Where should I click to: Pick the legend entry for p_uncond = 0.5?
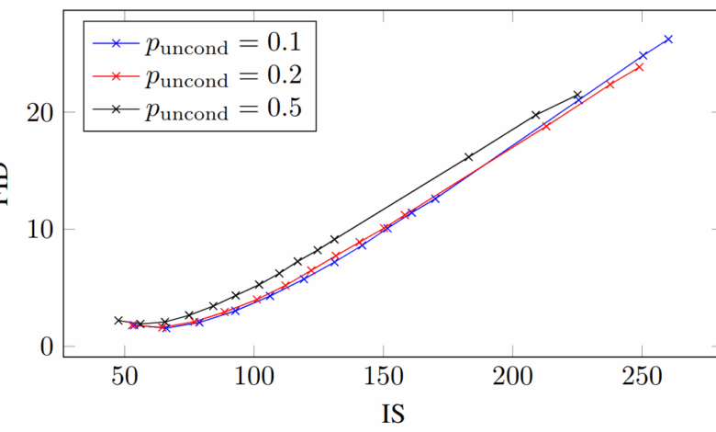(x=193, y=108)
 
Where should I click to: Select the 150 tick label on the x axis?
(x=383, y=378)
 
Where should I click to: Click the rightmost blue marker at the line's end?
(x=668, y=39)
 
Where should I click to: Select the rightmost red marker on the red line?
(x=639, y=67)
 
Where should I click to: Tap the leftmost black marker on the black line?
(x=118, y=321)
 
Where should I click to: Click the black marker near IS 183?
(x=469, y=157)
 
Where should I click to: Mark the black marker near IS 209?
(x=536, y=115)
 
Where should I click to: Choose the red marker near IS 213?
(x=546, y=126)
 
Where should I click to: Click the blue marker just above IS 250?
(x=643, y=56)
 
